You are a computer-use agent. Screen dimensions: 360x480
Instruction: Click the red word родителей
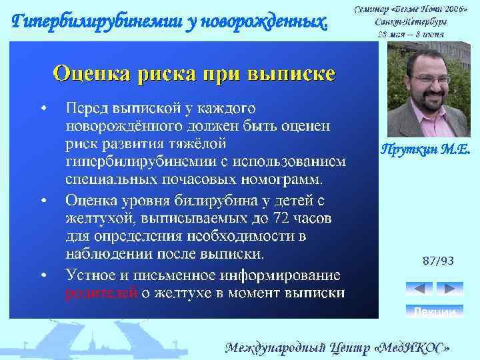click(x=101, y=293)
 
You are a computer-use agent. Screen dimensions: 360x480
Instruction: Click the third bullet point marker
click(x=43, y=275)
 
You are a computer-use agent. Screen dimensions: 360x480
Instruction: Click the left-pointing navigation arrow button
click(x=419, y=289)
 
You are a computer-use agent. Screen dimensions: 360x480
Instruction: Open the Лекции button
click(x=434, y=311)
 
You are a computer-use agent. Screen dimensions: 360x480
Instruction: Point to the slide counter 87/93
click(x=438, y=261)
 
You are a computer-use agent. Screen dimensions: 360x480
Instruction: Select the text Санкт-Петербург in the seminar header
click(x=410, y=21)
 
